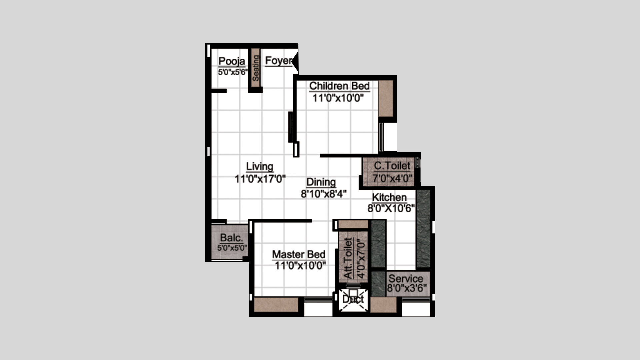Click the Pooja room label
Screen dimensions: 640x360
232,61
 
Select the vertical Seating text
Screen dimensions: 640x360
255,68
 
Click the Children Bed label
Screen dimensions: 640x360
339,86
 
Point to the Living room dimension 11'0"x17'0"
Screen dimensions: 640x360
260,179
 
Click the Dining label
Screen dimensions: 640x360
321,182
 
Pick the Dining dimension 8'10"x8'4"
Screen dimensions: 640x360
324,194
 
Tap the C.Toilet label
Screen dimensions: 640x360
392,166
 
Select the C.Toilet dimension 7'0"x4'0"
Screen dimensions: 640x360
392,178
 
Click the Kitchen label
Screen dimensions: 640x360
389,197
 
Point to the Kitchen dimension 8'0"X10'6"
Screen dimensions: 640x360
391,209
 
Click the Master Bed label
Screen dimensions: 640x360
299,254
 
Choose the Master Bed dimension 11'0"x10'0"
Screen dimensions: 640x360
300,266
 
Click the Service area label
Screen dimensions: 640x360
406,279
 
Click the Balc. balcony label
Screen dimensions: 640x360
232,238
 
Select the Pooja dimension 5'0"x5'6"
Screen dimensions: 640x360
233,72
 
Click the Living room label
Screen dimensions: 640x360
260,166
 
